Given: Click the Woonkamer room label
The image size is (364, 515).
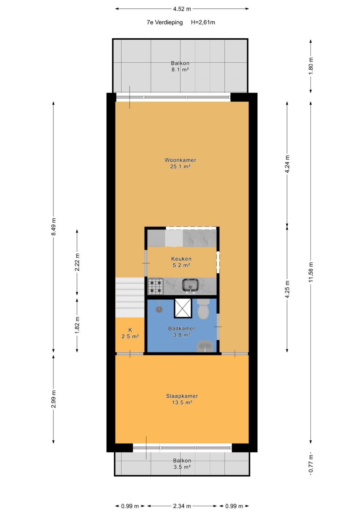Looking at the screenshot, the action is point(180,160).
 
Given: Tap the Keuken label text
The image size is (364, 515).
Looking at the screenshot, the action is point(181,259).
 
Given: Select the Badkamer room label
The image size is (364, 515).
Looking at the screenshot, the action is point(182,329).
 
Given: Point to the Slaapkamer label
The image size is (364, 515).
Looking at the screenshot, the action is point(182,396).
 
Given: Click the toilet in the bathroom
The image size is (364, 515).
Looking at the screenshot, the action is point(203,309).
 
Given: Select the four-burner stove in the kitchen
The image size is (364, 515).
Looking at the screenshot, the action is point(155,286).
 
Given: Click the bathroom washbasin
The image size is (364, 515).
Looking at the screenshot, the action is point(205,346).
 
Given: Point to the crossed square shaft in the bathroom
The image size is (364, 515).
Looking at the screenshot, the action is point(183,308).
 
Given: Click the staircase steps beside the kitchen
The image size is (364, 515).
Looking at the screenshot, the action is point(130,298).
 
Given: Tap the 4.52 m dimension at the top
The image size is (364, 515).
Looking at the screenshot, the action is point(182,9).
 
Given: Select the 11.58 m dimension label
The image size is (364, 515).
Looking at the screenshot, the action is point(311,272).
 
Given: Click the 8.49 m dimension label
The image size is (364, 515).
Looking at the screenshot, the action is point(53,227).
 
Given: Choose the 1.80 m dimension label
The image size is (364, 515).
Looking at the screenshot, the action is point(311,66).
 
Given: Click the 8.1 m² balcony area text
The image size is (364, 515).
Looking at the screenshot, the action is point(180,70).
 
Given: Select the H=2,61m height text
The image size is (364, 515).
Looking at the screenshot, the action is point(203,22).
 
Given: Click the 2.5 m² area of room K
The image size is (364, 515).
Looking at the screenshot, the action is point(130,337).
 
